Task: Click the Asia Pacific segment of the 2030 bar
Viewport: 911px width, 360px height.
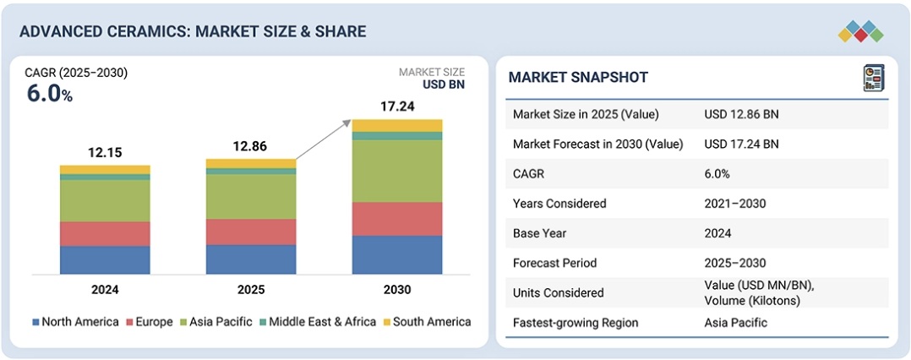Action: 396,171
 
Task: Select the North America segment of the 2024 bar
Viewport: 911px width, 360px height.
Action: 105,259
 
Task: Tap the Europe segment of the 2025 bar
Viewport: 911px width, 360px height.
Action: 251,232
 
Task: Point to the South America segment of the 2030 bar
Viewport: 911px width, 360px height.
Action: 396,125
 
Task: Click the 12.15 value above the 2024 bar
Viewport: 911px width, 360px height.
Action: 105,152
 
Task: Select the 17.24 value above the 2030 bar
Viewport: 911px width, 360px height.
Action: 396,106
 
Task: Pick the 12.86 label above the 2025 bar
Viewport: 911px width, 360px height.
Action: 251,146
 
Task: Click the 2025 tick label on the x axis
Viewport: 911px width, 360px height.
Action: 251,290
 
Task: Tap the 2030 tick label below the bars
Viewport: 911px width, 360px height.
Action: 396,290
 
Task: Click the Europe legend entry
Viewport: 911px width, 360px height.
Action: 149,322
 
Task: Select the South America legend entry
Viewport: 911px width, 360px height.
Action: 427,322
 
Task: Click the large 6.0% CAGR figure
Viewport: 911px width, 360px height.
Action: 50,94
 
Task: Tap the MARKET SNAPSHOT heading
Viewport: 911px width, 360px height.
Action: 578,78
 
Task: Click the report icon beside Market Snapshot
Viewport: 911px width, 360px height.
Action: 873,78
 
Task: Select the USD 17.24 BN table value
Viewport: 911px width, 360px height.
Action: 741,144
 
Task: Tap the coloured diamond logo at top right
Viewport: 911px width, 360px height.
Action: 860,31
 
